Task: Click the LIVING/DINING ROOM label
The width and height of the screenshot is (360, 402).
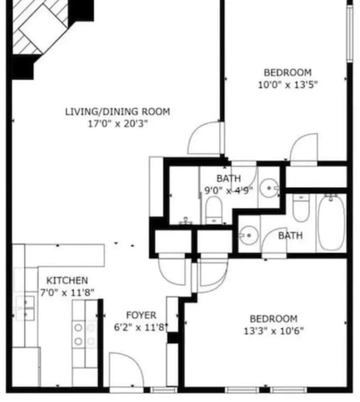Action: point(118,111)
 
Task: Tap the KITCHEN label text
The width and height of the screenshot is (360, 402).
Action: point(67,280)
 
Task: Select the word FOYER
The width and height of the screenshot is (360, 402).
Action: point(141,315)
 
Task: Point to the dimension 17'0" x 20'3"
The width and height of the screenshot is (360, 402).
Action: point(118,124)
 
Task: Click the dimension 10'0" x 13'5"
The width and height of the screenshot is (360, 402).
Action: point(288,85)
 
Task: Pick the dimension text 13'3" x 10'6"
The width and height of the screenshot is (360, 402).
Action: point(273,331)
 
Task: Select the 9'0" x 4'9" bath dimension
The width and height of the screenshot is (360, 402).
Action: point(228,190)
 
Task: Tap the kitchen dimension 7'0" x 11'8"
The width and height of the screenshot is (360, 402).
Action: point(67,292)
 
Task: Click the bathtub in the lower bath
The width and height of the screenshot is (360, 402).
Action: point(331,222)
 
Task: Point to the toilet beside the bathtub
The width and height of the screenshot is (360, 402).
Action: point(301,208)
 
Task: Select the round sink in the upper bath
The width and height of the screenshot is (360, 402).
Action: point(269,188)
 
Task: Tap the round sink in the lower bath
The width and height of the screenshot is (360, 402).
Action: point(248,236)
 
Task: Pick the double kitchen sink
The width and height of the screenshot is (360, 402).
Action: point(25,308)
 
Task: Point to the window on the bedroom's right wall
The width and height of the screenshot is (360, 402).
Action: point(350,33)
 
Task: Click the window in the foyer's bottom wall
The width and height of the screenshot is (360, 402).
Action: point(163,390)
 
